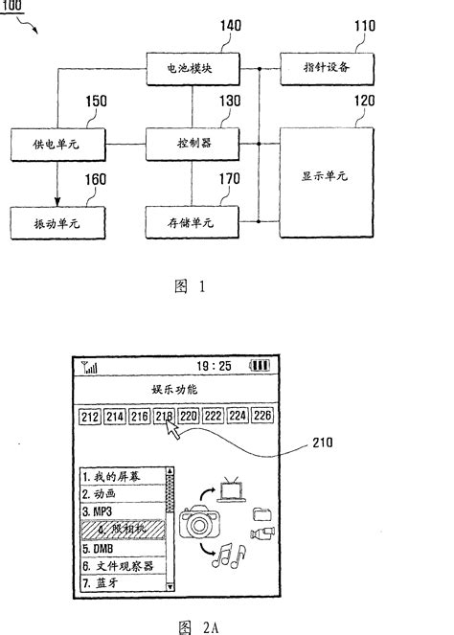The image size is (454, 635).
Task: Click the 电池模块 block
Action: point(191,70)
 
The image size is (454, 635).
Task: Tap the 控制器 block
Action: point(191,145)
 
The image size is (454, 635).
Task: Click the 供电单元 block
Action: point(56,145)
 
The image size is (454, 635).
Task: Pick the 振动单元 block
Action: point(56,221)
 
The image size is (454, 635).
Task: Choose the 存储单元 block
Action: point(191,221)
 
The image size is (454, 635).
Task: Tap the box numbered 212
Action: point(90,417)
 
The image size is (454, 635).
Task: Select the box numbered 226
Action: point(262,417)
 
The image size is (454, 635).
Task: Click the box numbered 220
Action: point(189,417)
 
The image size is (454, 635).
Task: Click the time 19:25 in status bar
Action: point(214,366)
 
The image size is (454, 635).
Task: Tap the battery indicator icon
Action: point(260,366)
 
